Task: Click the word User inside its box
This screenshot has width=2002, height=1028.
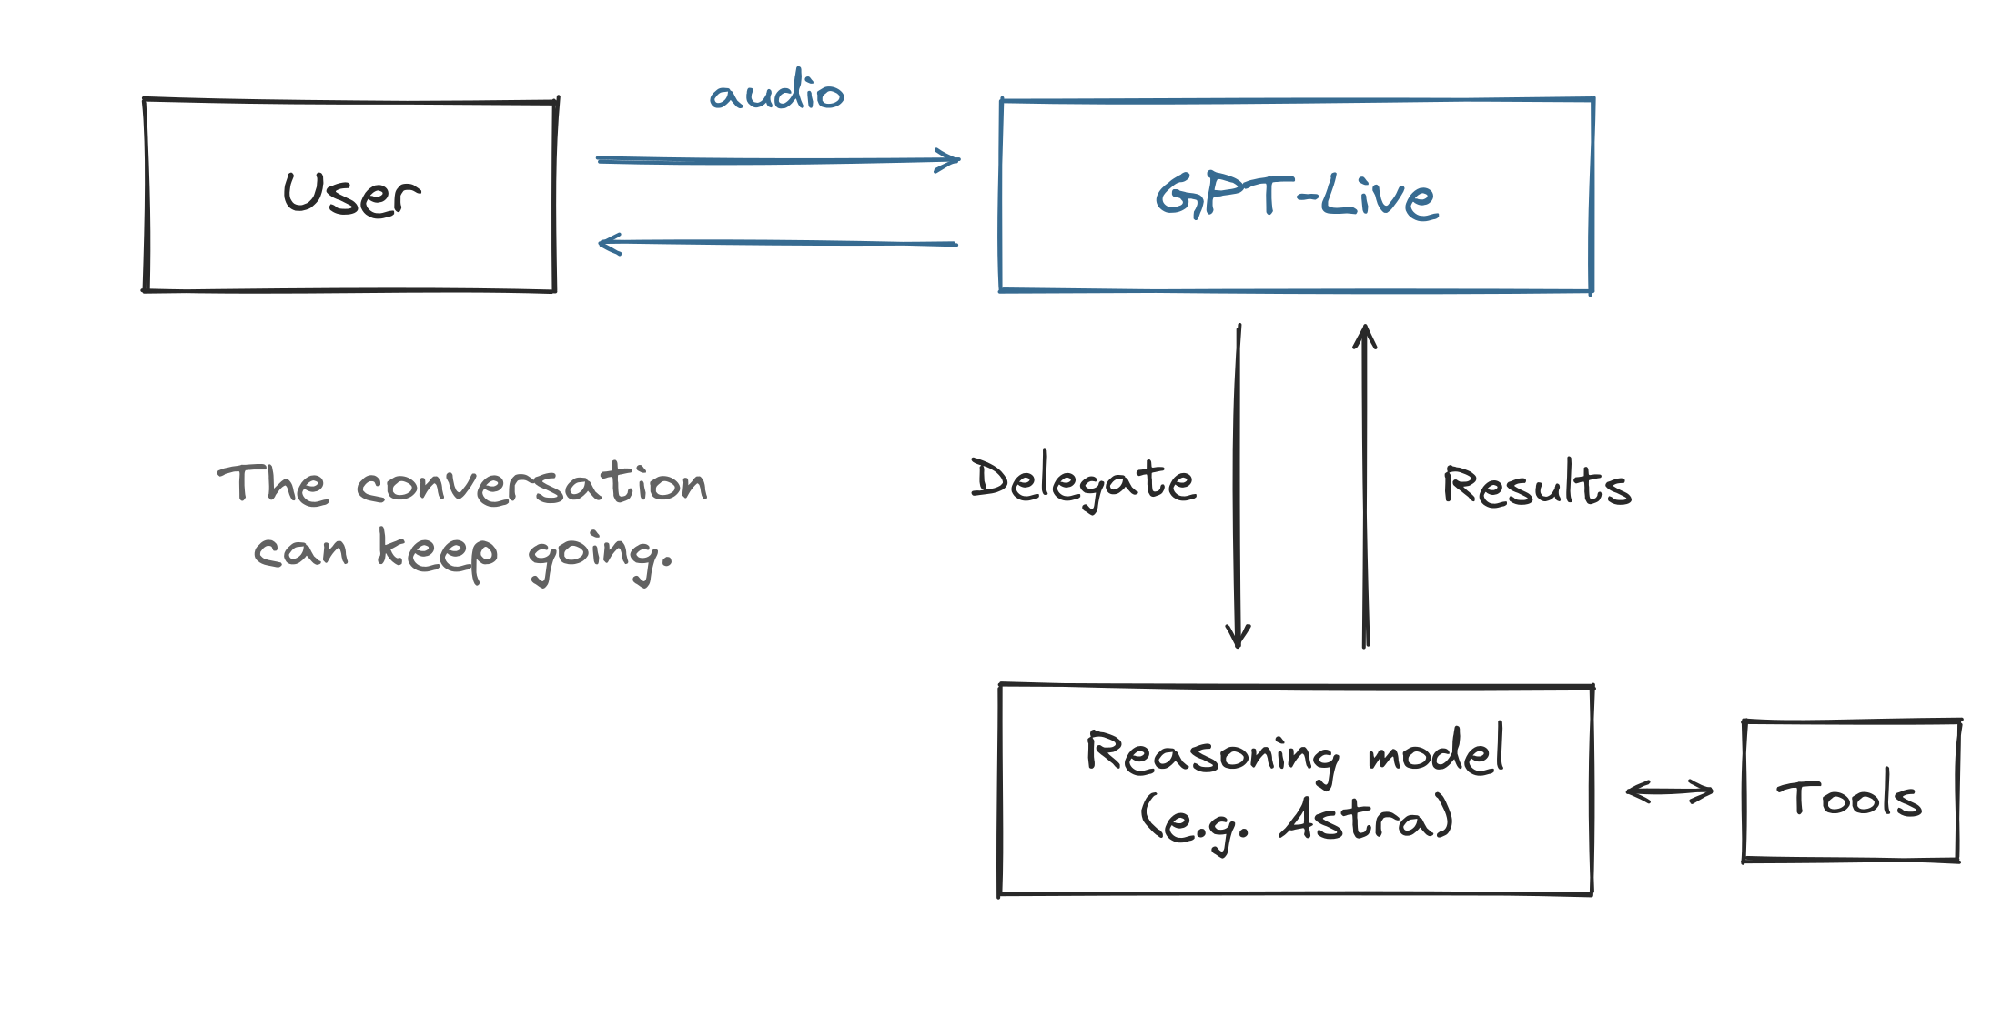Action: (352, 194)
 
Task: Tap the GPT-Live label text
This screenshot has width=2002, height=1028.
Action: (1297, 196)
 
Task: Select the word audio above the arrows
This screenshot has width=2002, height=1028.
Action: (777, 90)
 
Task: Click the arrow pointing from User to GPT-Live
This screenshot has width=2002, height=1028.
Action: (778, 160)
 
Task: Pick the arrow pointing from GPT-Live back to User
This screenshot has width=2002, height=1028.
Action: (778, 243)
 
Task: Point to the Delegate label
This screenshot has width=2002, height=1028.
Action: (1083, 480)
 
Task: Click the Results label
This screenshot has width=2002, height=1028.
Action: (1538, 485)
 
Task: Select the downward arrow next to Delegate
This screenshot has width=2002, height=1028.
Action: (1238, 486)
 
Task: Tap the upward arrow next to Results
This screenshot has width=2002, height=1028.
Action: (1365, 486)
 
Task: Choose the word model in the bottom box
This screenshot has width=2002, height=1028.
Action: (1436, 750)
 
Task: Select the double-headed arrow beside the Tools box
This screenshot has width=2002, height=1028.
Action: (1670, 791)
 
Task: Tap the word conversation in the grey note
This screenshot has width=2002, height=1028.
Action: (532, 482)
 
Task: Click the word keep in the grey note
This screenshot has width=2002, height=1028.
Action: (438, 551)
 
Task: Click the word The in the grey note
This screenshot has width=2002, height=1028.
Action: (271, 483)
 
